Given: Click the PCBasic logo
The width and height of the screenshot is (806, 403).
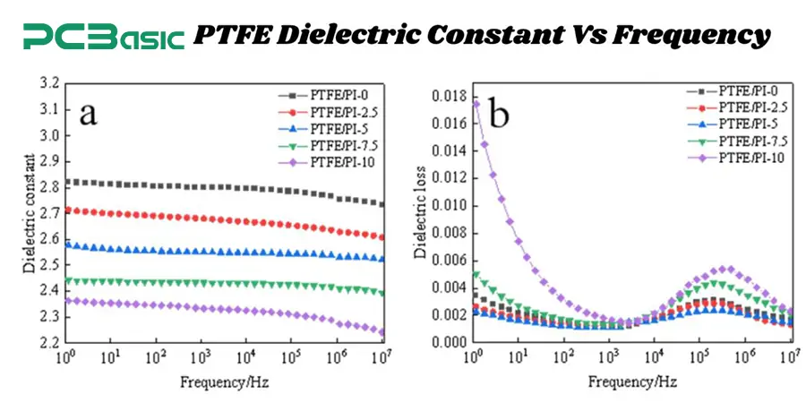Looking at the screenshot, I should (x=103, y=36).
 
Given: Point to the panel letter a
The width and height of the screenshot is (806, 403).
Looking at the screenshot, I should (x=88, y=114).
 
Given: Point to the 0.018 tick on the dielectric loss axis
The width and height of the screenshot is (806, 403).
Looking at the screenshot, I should (x=447, y=95).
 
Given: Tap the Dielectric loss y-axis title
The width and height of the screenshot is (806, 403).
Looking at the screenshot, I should (x=419, y=212).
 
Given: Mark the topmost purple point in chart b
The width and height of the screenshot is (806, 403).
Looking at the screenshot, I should (x=475, y=103).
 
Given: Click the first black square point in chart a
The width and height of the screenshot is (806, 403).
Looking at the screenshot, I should (x=67, y=182).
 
